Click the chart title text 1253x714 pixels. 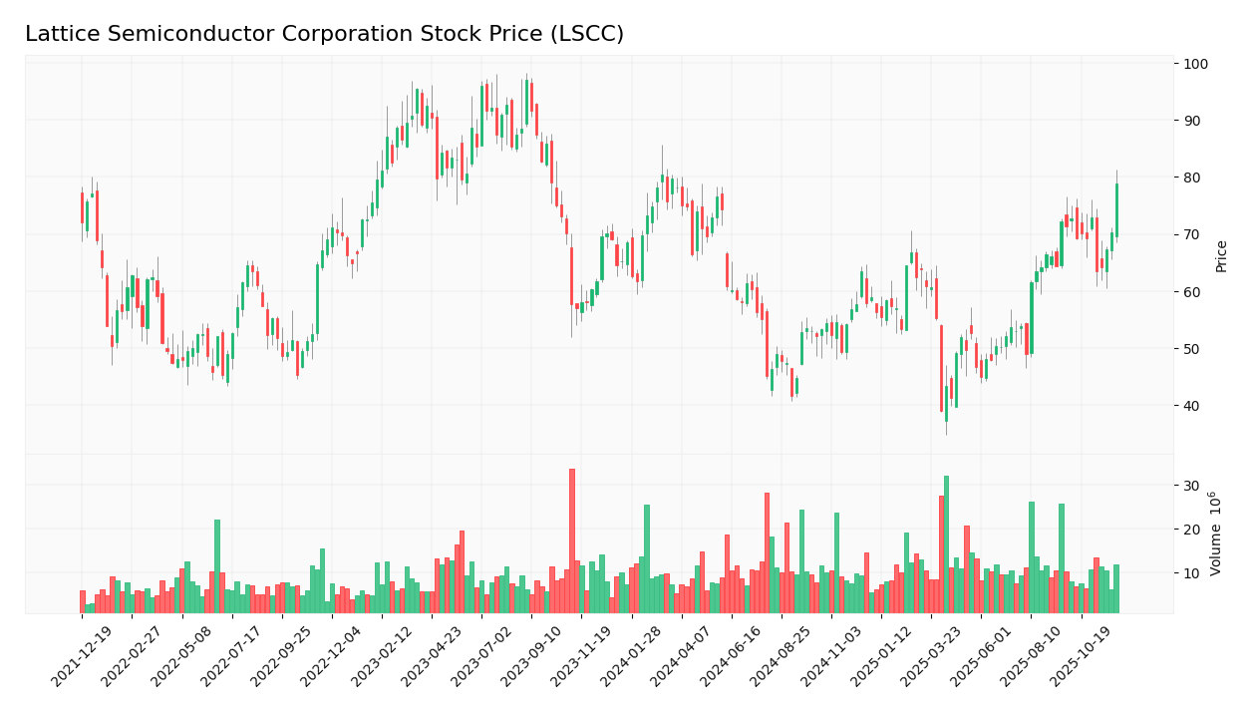click(324, 34)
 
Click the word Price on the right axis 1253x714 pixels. click(1221, 256)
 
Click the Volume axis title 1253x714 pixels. click(1215, 533)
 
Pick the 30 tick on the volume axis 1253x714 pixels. click(1190, 486)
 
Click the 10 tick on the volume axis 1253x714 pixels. click(1190, 573)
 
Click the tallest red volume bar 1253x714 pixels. click(572, 540)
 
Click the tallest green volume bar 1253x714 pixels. click(946, 543)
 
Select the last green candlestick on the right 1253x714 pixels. click(1116, 209)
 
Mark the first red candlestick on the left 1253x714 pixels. click(82, 207)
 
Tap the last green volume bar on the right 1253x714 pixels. click(1116, 588)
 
